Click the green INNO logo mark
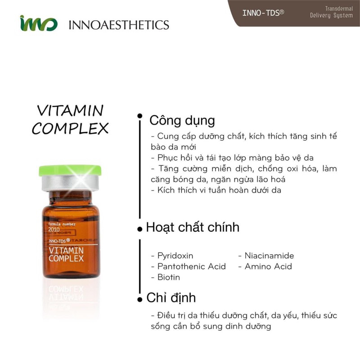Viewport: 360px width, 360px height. (x=38, y=23)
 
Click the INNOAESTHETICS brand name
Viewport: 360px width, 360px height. (x=119, y=24)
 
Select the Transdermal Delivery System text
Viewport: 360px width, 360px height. (x=331, y=12)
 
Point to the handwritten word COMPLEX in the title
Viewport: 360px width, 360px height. (x=70, y=129)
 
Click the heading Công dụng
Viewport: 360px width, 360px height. (x=182, y=121)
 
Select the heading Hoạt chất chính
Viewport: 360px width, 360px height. (x=193, y=227)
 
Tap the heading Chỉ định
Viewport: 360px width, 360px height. (x=171, y=298)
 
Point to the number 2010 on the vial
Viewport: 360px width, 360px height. (x=54, y=229)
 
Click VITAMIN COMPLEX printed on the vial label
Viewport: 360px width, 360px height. (x=66, y=254)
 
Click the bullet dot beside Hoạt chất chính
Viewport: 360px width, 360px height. (x=140, y=229)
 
